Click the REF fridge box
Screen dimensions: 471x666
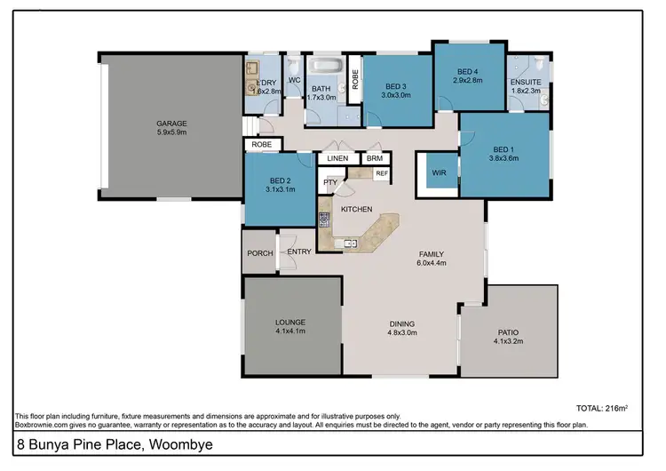[382, 174]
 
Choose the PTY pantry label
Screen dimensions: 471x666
[329, 182]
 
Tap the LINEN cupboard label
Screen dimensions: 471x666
[337, 158]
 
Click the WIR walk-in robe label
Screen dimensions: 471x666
[438, 172]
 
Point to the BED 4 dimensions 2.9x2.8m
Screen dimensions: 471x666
[468, 79]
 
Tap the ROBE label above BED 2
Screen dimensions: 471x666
[261, 143]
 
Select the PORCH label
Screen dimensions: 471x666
[259, 253]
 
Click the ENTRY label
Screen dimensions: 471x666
[299, 252]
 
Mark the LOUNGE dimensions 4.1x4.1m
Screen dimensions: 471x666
[290, 331]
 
